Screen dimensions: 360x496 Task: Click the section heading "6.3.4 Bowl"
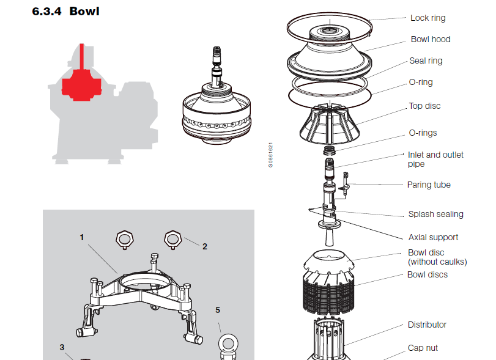point(65,11)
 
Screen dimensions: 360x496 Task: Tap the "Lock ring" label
point(428,18)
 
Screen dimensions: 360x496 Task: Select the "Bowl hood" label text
point(431,39)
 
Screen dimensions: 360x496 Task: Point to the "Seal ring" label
point(426,61)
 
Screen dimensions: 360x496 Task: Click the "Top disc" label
point(424,106)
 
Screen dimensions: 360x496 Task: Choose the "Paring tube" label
point(429,185)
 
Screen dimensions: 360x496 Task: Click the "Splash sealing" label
point(435,214)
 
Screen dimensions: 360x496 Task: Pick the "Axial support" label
point(433,237)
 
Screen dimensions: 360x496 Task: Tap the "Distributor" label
point(427,325)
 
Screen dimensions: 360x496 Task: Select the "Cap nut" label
point(423,348)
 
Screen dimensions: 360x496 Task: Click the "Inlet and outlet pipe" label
point(435,159)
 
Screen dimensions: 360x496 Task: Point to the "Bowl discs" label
point(427,274)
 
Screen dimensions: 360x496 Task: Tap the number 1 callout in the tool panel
point(81,237)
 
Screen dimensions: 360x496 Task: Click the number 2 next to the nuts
point(205,246)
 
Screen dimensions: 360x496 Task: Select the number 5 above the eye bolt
point(217,309)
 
